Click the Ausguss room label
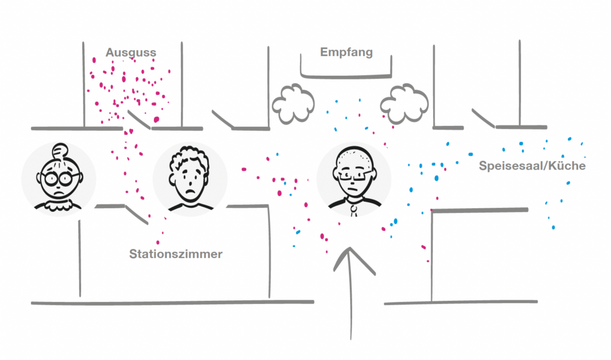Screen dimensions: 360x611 131,53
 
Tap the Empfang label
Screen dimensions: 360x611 346,53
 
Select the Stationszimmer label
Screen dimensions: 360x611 175,254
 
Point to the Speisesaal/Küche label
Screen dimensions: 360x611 532,166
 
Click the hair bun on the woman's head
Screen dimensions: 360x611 60,150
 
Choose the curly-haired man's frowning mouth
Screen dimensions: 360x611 189,194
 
